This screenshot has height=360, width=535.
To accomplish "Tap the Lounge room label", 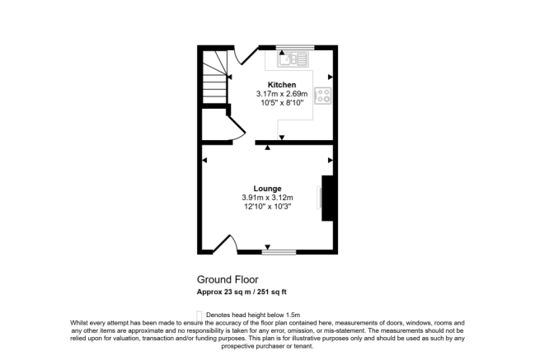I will [267, 188].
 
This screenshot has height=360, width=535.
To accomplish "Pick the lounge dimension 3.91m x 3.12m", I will [267, 198].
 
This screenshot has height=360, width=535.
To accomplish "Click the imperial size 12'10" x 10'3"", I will [267, 207].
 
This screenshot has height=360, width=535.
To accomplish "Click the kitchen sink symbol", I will [292, 58].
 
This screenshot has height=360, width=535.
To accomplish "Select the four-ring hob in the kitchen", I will [324, 96].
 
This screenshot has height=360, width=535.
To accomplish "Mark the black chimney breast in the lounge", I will [327, 199].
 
